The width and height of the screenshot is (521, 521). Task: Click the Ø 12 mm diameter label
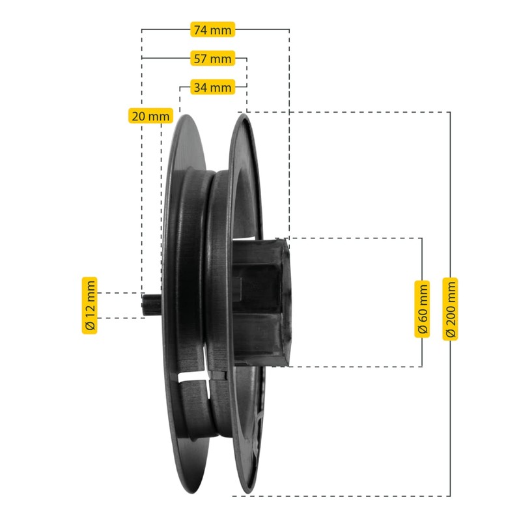click(89, 305)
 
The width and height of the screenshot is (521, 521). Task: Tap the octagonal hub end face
click(285, 301)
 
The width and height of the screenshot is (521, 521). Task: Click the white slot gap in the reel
click(194, 378)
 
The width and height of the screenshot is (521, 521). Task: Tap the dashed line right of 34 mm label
click(241, 87)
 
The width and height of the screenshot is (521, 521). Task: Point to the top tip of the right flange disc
click(246, 115)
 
